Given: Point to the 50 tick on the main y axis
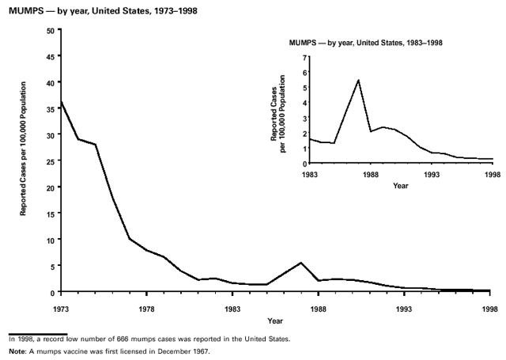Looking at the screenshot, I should (51, 30).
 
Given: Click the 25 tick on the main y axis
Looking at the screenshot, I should (51, 161).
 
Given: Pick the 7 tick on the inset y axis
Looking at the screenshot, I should (303, 57).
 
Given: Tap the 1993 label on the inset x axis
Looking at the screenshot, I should (431, 174).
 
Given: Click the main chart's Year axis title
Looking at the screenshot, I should (275, 320).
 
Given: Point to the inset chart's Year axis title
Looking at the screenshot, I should (401, 186).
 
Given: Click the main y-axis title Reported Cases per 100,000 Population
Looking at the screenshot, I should (25, 161).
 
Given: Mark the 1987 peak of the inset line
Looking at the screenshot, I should (358, 80).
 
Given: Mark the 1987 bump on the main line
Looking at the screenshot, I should (301, 263).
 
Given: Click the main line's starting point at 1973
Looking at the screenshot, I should (61, 102).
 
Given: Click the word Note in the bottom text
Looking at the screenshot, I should (15, 351).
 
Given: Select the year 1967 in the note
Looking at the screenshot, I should (201, 351).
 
